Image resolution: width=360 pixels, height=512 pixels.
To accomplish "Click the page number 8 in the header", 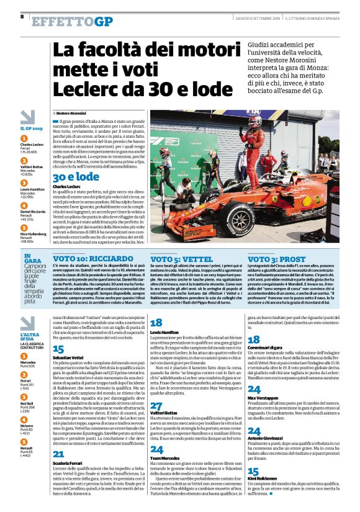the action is point(22,17).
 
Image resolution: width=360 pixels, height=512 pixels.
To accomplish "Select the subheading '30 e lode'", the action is point(76,177).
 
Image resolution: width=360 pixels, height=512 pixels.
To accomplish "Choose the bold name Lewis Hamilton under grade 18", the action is point(164,333).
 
